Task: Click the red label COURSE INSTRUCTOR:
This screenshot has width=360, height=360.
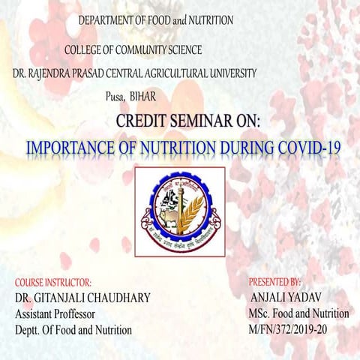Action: pyautogui.click(x=52, y=283)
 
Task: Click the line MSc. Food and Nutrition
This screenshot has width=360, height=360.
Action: pyautogui.click(x=300, y=314)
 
